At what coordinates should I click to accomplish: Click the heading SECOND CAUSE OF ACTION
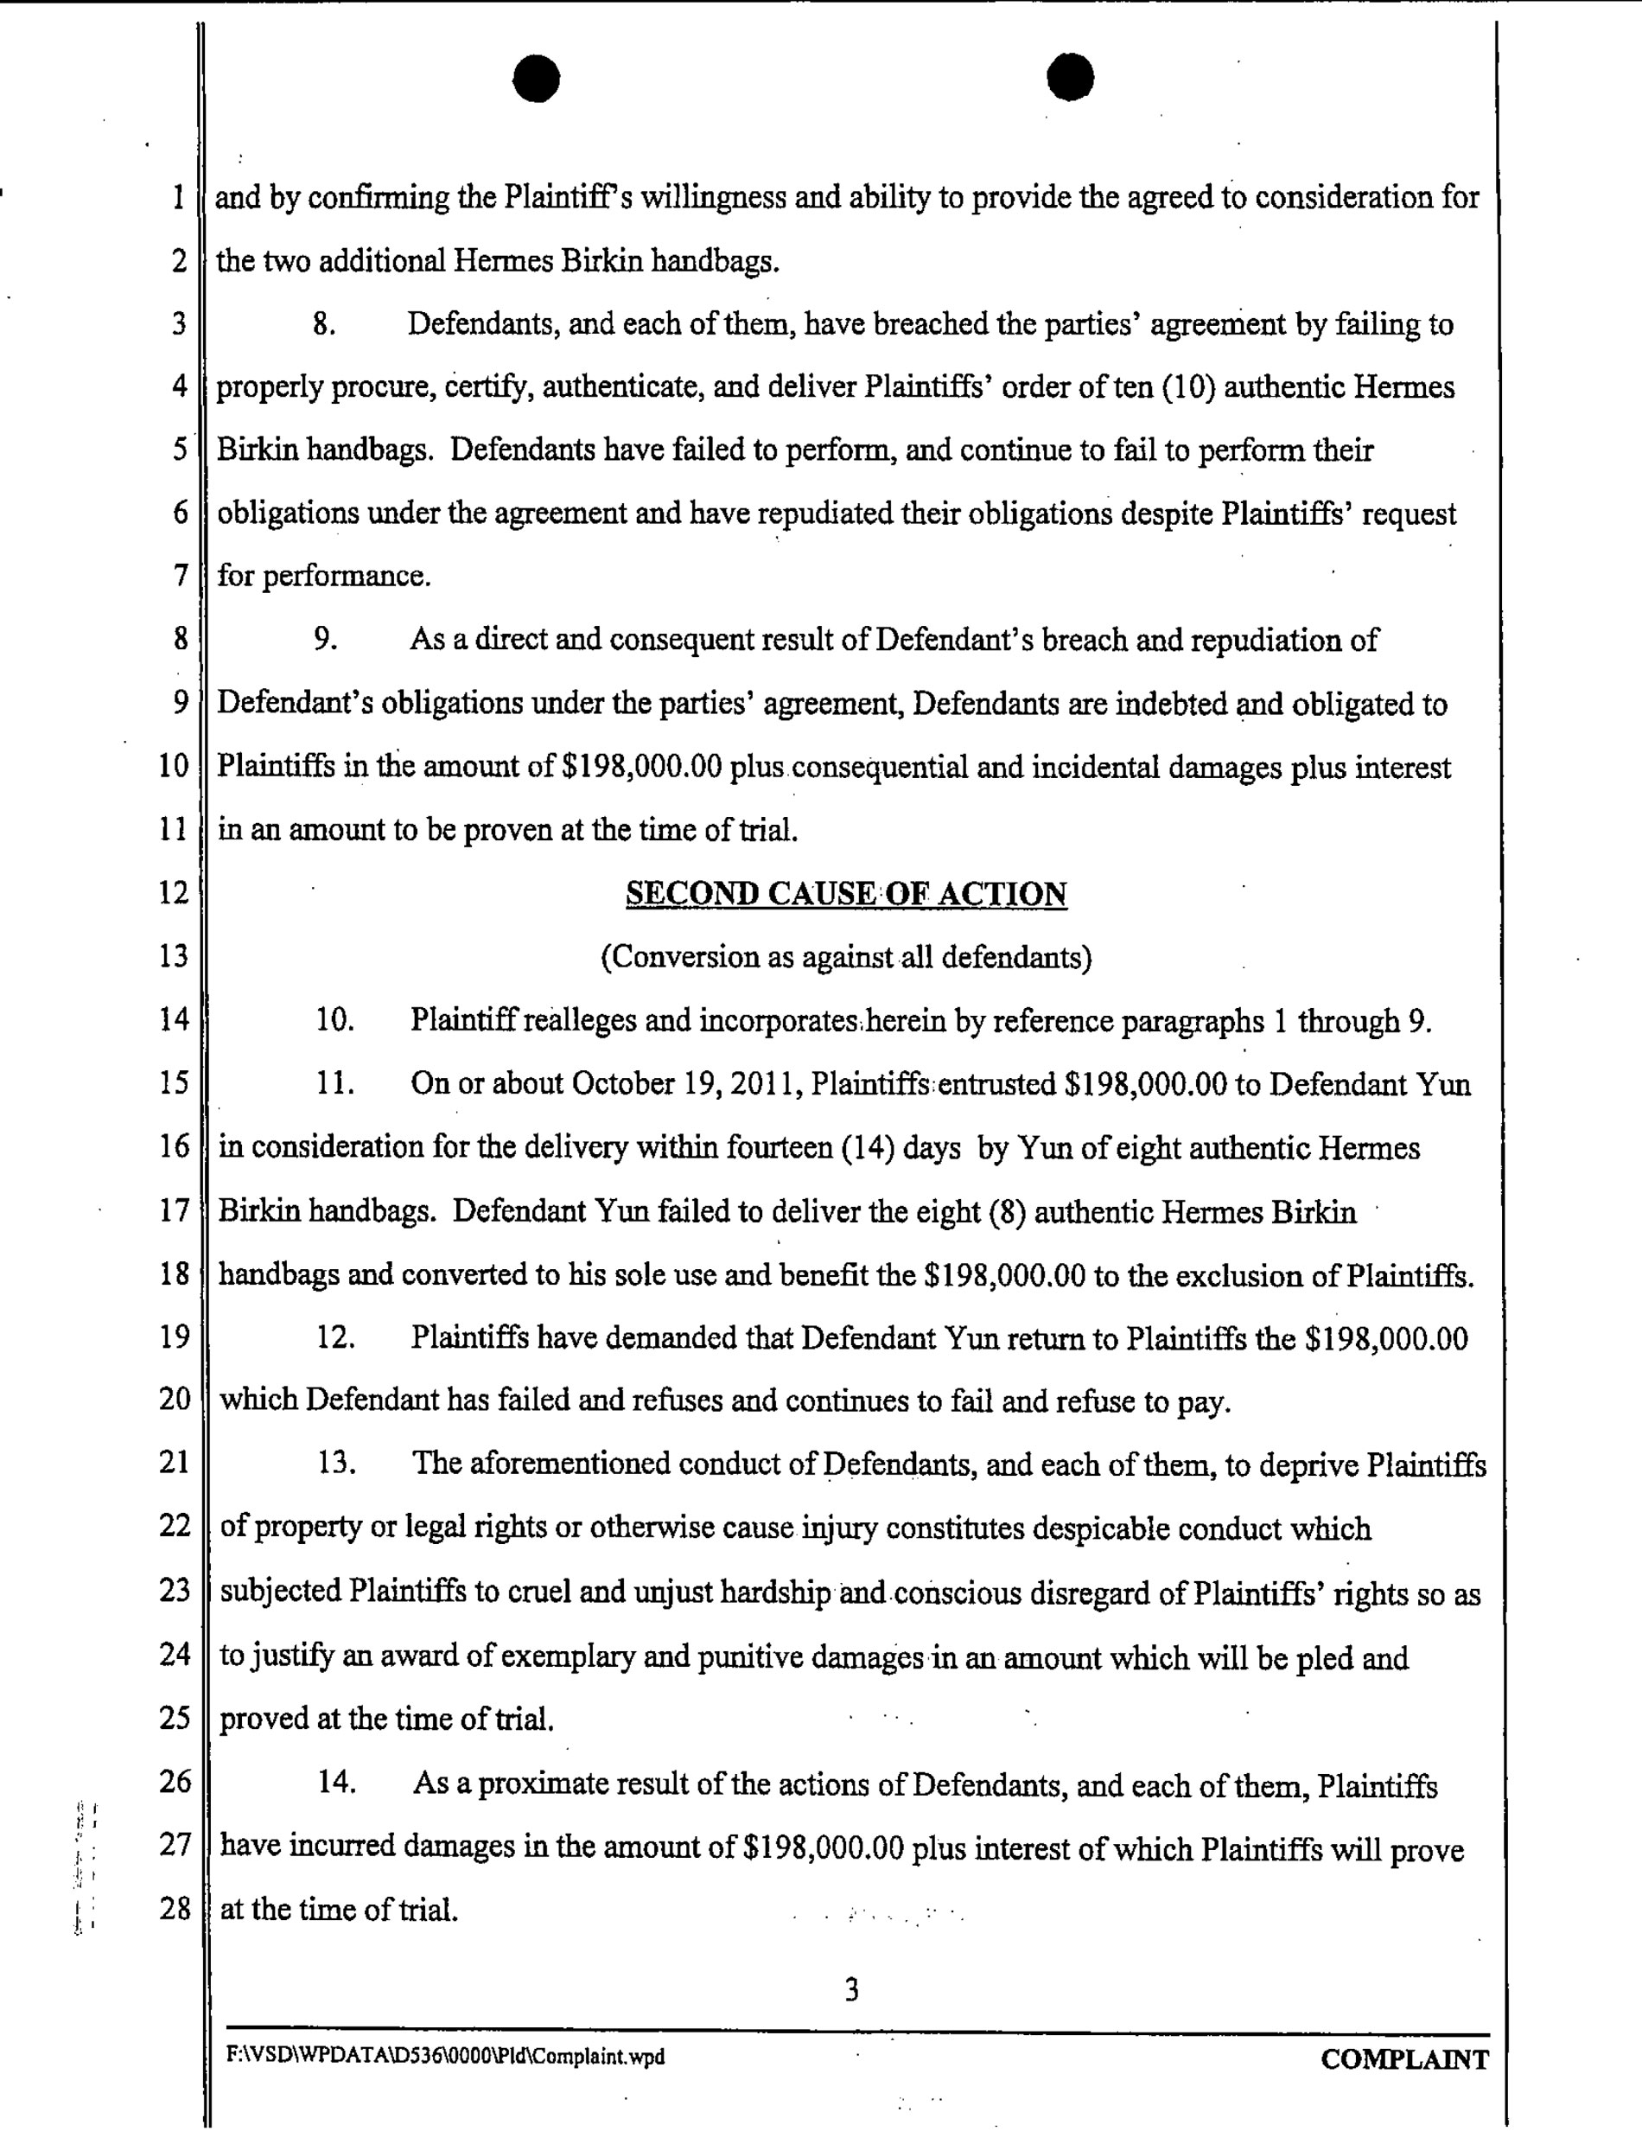tap(845, 894)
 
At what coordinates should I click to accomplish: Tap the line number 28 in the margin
tap(174, 1907)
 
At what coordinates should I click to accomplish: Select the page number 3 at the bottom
tap(851, 1989)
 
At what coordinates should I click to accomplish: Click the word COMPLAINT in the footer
tap(1404, 2060)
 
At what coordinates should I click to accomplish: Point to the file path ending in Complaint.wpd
tap(445, 2057)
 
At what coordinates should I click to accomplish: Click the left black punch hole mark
tap(536, 78)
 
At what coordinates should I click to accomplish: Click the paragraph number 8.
tap(324, 323)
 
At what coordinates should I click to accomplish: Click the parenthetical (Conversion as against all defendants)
tap(845, 956)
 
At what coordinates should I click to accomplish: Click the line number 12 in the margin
tap(173, 892)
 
